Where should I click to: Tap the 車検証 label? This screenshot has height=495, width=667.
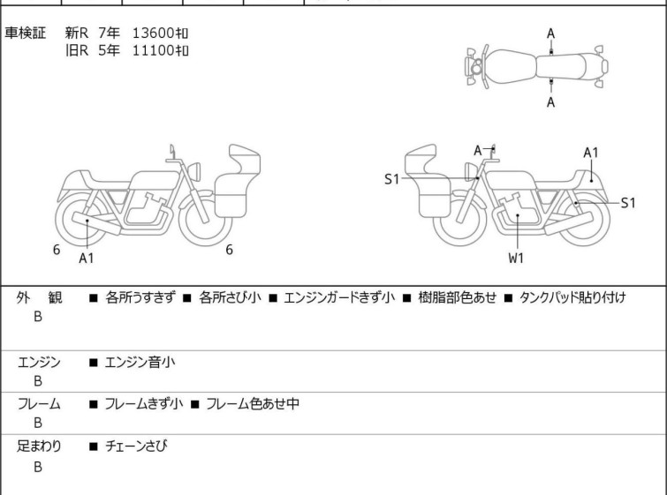click(25, 33)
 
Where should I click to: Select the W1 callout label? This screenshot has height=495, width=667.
click(516, 258)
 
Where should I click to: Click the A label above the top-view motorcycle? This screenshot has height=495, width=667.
click(551, 34)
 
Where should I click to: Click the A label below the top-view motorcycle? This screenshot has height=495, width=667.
click(551, 102)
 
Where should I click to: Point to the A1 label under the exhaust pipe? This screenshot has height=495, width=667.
click(87, 258)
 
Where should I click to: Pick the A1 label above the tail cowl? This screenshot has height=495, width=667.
click(591, 153)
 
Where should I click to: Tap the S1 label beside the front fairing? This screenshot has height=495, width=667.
click(391, 179)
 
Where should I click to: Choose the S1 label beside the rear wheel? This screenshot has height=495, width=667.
click(628, 203)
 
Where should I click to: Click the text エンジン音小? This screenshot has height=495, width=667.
click(140, 362)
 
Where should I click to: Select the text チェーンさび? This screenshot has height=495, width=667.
click(136, 446)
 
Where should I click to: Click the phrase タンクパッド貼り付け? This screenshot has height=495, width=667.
click(572, 297)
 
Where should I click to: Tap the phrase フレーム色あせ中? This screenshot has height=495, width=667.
click(253, 403)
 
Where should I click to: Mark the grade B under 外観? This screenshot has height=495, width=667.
click(38, 317)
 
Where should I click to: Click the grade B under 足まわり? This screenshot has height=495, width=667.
click(38, 467)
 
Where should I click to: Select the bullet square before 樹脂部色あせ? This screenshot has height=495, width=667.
click(407, 298)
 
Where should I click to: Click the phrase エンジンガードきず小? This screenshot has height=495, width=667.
click(339, 297)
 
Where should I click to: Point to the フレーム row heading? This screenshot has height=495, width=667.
click(39, 403)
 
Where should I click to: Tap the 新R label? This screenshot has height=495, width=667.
click(77, 33)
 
